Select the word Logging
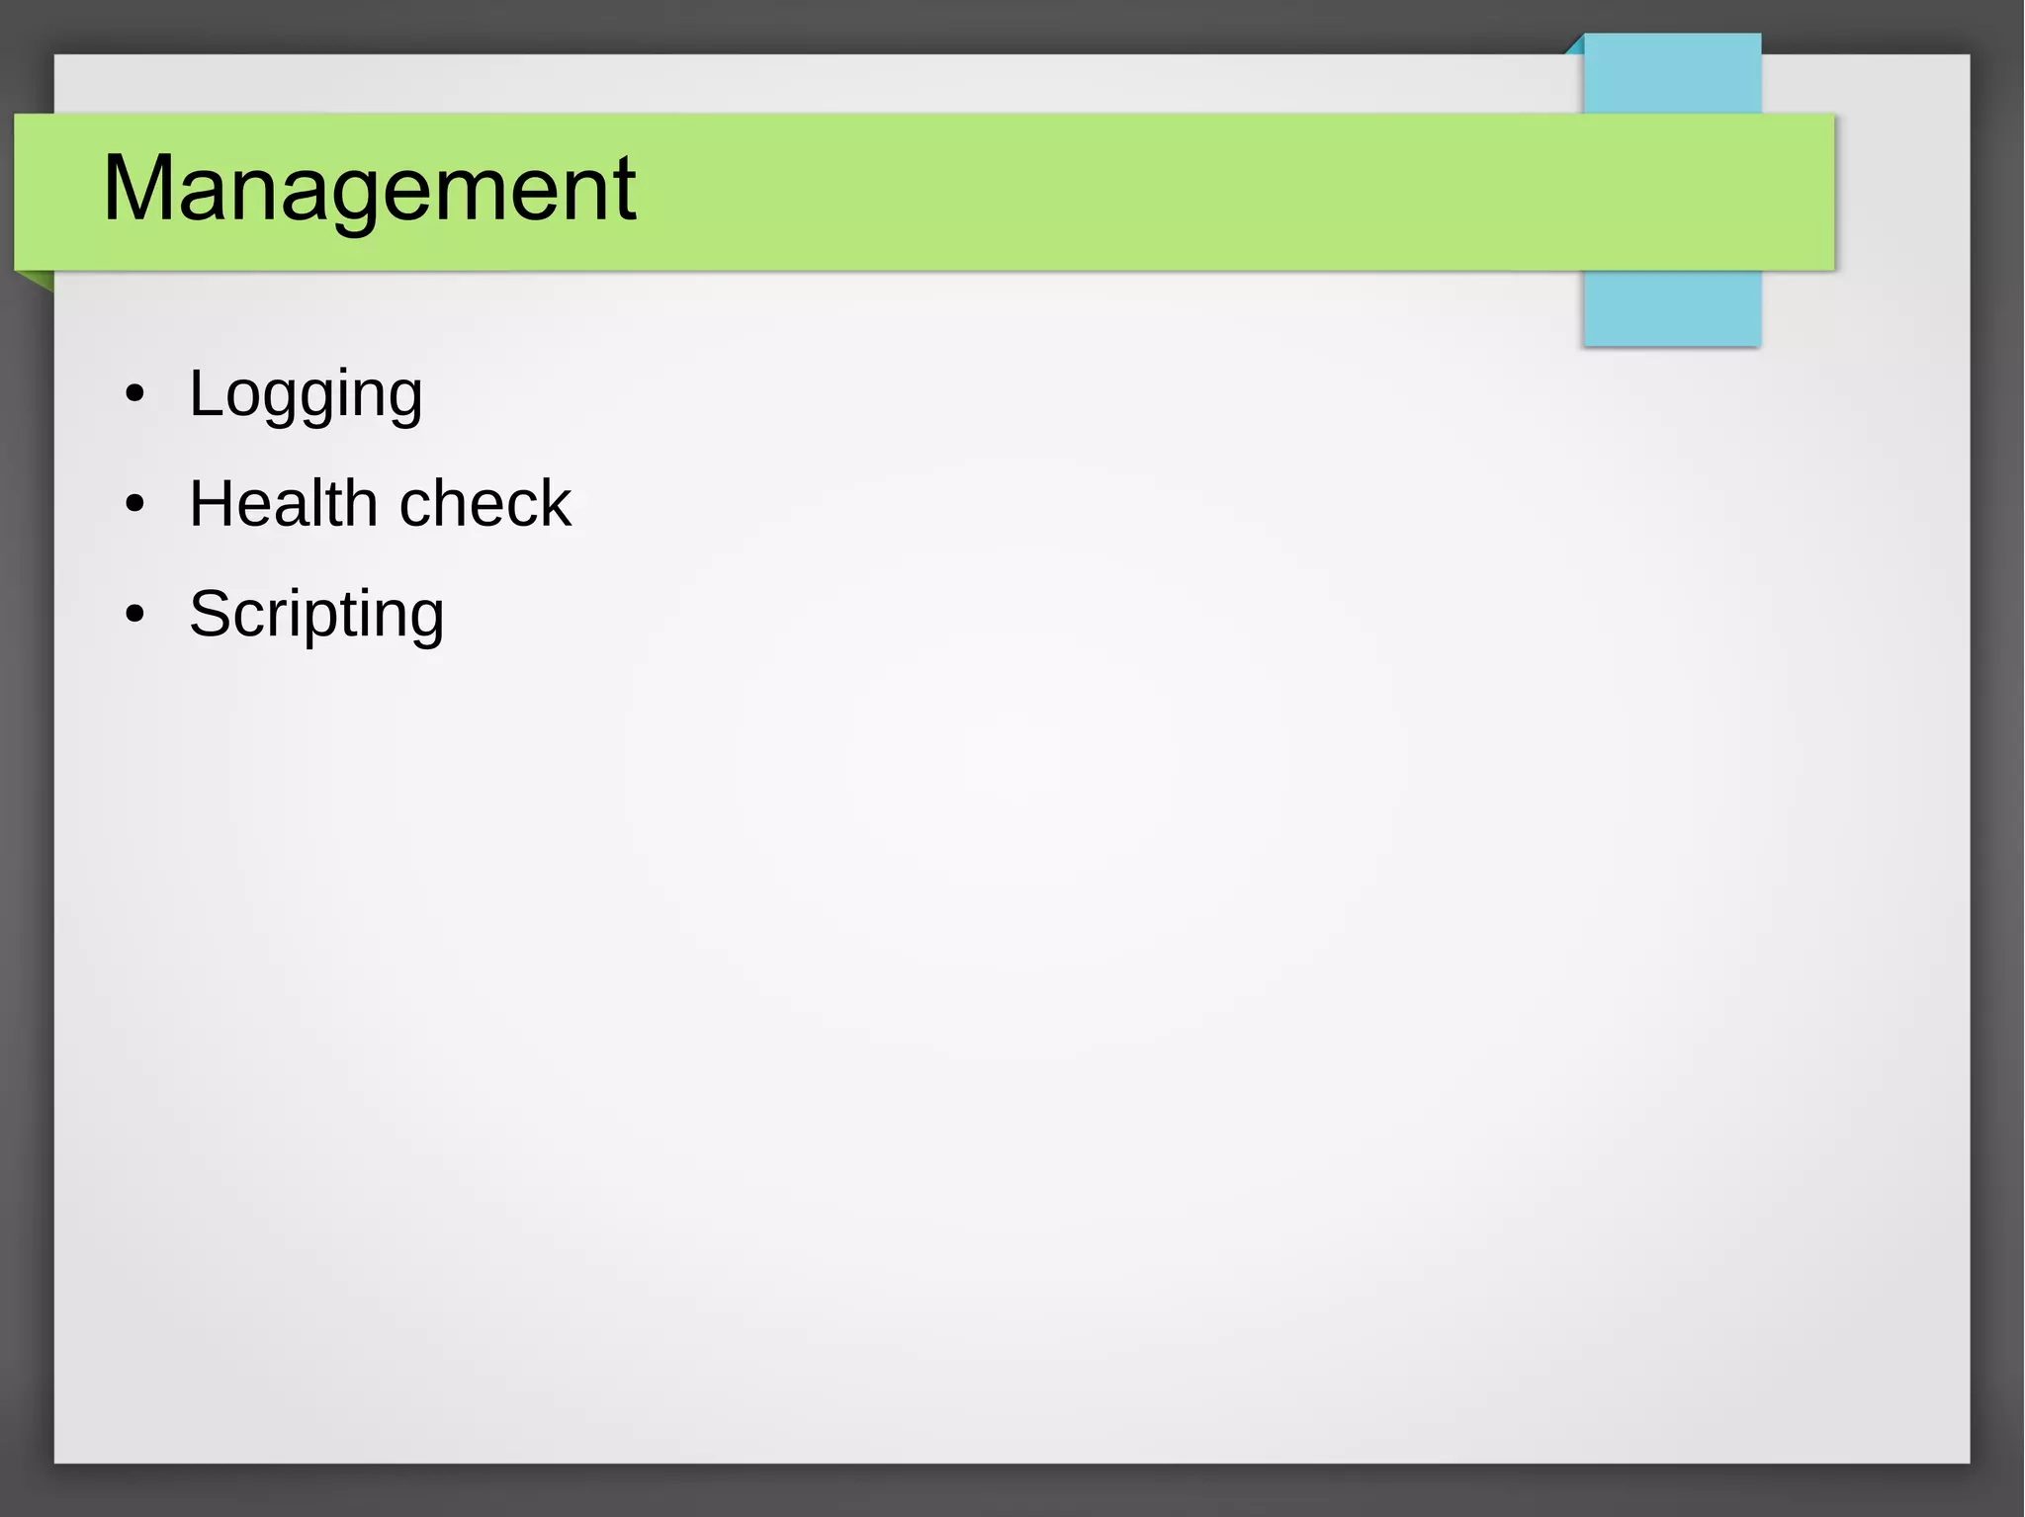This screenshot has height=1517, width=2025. tap(306, 394)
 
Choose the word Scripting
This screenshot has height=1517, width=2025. tap(316, 615)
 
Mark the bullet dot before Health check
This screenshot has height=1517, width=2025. tap(135, 505)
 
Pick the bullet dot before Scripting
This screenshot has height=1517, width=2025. tap(135, 615)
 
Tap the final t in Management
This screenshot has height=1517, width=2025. tap(625, 189)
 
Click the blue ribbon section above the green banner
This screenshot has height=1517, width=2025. tap(1672, 74)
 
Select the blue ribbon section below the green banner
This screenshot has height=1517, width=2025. tap(1672, 307)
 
